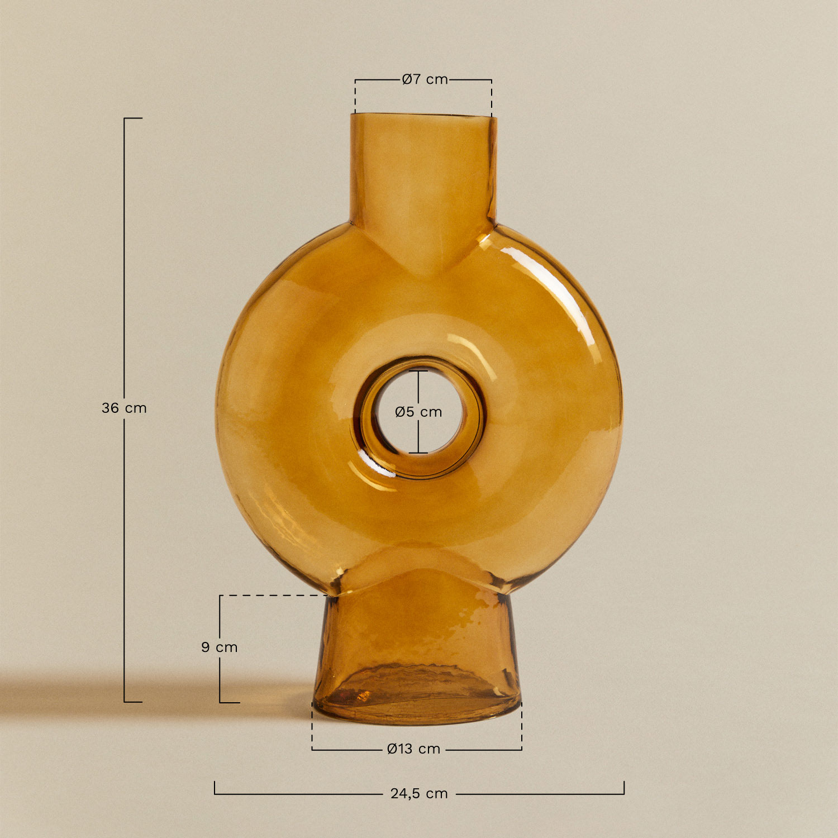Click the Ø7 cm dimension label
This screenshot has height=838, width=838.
click(425, 79)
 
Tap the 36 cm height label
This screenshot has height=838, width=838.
click(124, 408)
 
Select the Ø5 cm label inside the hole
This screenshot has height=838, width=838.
click(418, 412)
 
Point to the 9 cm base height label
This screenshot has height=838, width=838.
click(219, 647)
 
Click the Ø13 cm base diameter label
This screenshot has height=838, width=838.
click(413, 749)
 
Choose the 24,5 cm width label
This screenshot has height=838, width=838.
click(419, 793)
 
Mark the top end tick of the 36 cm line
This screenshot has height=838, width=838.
click(133, 118)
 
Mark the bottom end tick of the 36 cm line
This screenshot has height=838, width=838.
click(133, 702)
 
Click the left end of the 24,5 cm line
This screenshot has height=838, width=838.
click(215, 788)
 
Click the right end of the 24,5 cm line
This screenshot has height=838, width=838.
click(623, 788)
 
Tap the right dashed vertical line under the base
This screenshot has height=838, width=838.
click(521, 726)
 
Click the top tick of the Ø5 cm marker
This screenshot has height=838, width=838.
click(418, 371)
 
